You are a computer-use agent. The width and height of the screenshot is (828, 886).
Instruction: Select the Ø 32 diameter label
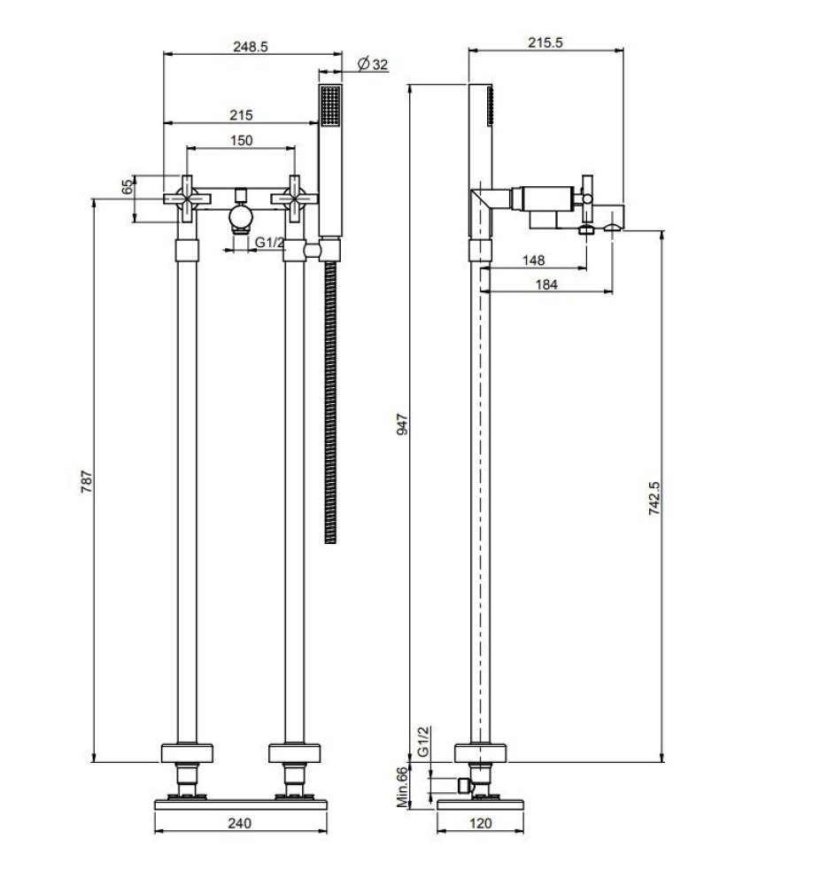(x=372, y=64)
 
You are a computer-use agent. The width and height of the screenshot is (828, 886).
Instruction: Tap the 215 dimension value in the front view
(x=240, y=115)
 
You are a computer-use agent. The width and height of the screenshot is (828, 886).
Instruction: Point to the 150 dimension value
(x=240, y=140)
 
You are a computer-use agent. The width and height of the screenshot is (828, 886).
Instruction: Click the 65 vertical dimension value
(x=127, y=187)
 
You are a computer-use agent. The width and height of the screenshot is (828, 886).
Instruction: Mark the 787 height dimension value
(x=86, y=482)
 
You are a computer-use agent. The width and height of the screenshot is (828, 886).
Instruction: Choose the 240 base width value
(x=239, y=823)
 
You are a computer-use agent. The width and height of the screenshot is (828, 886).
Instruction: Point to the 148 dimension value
(x=533, y=260)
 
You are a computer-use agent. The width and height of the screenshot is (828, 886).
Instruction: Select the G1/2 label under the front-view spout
(x=270, y=244)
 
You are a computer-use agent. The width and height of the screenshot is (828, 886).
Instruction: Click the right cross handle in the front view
(x=295, y=198)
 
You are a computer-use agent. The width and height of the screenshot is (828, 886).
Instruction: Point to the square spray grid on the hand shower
(x=330, y=107)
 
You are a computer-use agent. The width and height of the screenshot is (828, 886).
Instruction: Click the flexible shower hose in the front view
(x=331, y=399)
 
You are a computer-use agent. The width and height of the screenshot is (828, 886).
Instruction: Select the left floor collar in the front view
(x=187, y=754)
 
